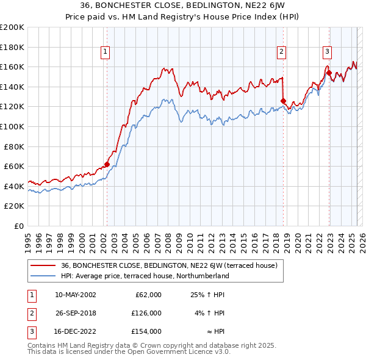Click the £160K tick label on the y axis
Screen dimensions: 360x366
12,67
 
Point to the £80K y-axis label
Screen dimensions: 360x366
14,146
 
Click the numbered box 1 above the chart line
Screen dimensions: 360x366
106,52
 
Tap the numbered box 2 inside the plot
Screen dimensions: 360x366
281,52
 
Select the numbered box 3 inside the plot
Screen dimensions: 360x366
327,52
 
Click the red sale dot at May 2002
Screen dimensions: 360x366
107,164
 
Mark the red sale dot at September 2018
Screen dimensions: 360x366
283,101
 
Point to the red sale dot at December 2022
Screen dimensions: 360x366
329,73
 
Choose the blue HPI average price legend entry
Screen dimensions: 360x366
145,276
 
